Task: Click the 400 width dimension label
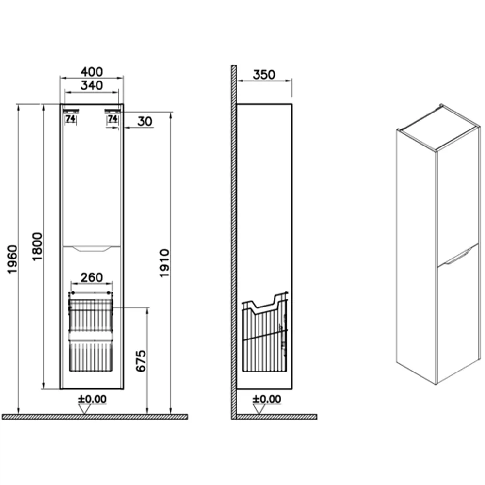pyautogui.click(x=92, y=72)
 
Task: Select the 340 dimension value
pyautogui.click(x=92, y=85)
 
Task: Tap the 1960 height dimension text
pyautogui.click(x=13, y=259)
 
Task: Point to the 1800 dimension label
pyautogui.click(x=37, y=246)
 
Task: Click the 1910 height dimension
pyautogui.click(x=164, y=263)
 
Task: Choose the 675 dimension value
pyautogui.click(x=141, y=361)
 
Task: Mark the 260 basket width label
pyautogui.click(x=92, y=277)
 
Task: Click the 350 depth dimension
pyautogui.click(x=264, y=75)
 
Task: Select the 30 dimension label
pyautogui.click(x=145, y=121)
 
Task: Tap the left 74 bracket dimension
pyautogui.click(x=70, y=118)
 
